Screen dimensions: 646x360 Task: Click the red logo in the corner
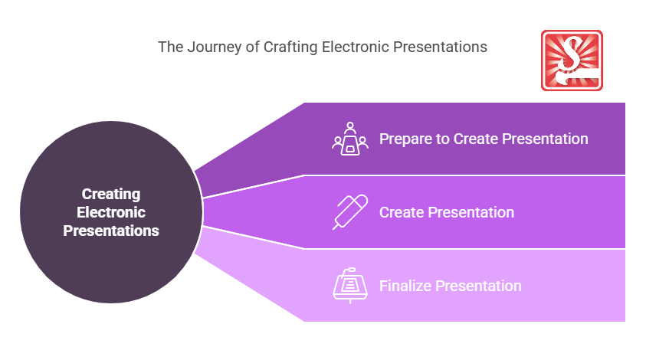(572, 61)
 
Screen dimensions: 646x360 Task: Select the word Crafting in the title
(290, 47)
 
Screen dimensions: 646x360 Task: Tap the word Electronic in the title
(356, 47)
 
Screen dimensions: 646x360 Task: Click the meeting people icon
(350, 139)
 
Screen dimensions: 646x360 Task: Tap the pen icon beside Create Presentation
(350, 212)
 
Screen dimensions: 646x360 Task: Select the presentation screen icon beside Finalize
(350, 286)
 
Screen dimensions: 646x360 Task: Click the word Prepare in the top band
(406, 139)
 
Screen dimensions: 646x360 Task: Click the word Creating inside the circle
(111, 195)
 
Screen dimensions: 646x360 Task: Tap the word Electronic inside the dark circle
(111, 212)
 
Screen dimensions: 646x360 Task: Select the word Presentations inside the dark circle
(111, 231)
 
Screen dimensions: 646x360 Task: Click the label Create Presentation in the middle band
(447, 212)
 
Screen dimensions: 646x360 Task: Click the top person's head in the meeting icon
(350, 125)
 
